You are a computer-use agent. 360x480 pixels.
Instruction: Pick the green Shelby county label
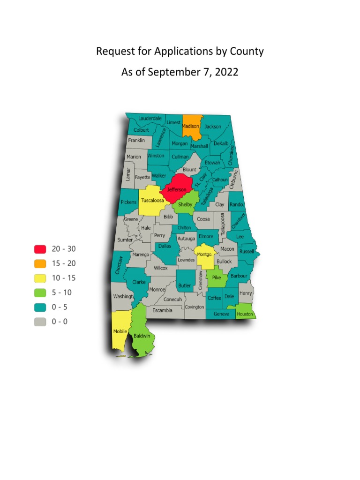click(185, 204)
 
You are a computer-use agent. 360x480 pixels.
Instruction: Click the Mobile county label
click(120, 331)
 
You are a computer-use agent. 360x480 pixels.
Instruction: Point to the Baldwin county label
click(142, 336)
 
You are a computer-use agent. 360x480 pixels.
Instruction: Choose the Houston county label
click(245, 314)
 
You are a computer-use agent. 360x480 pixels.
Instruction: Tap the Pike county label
click(216, 277)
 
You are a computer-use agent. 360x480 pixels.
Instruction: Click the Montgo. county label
click(205, 254)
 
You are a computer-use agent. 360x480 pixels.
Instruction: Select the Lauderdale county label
click(150, 118)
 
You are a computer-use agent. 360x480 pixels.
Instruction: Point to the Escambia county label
click(162, 310)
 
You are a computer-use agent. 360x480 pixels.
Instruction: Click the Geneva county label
click(221, 314)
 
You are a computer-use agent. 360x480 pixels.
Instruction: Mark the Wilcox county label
click(161, 268)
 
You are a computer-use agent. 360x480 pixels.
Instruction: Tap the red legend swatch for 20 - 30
click(40, 248)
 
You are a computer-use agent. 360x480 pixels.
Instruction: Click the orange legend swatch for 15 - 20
click(40, 263)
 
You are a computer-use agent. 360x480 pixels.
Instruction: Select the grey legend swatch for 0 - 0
click(40, 322)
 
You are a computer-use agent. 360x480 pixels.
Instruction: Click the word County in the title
click(247, 52)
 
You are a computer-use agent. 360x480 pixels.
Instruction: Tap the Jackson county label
click(213, 127)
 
